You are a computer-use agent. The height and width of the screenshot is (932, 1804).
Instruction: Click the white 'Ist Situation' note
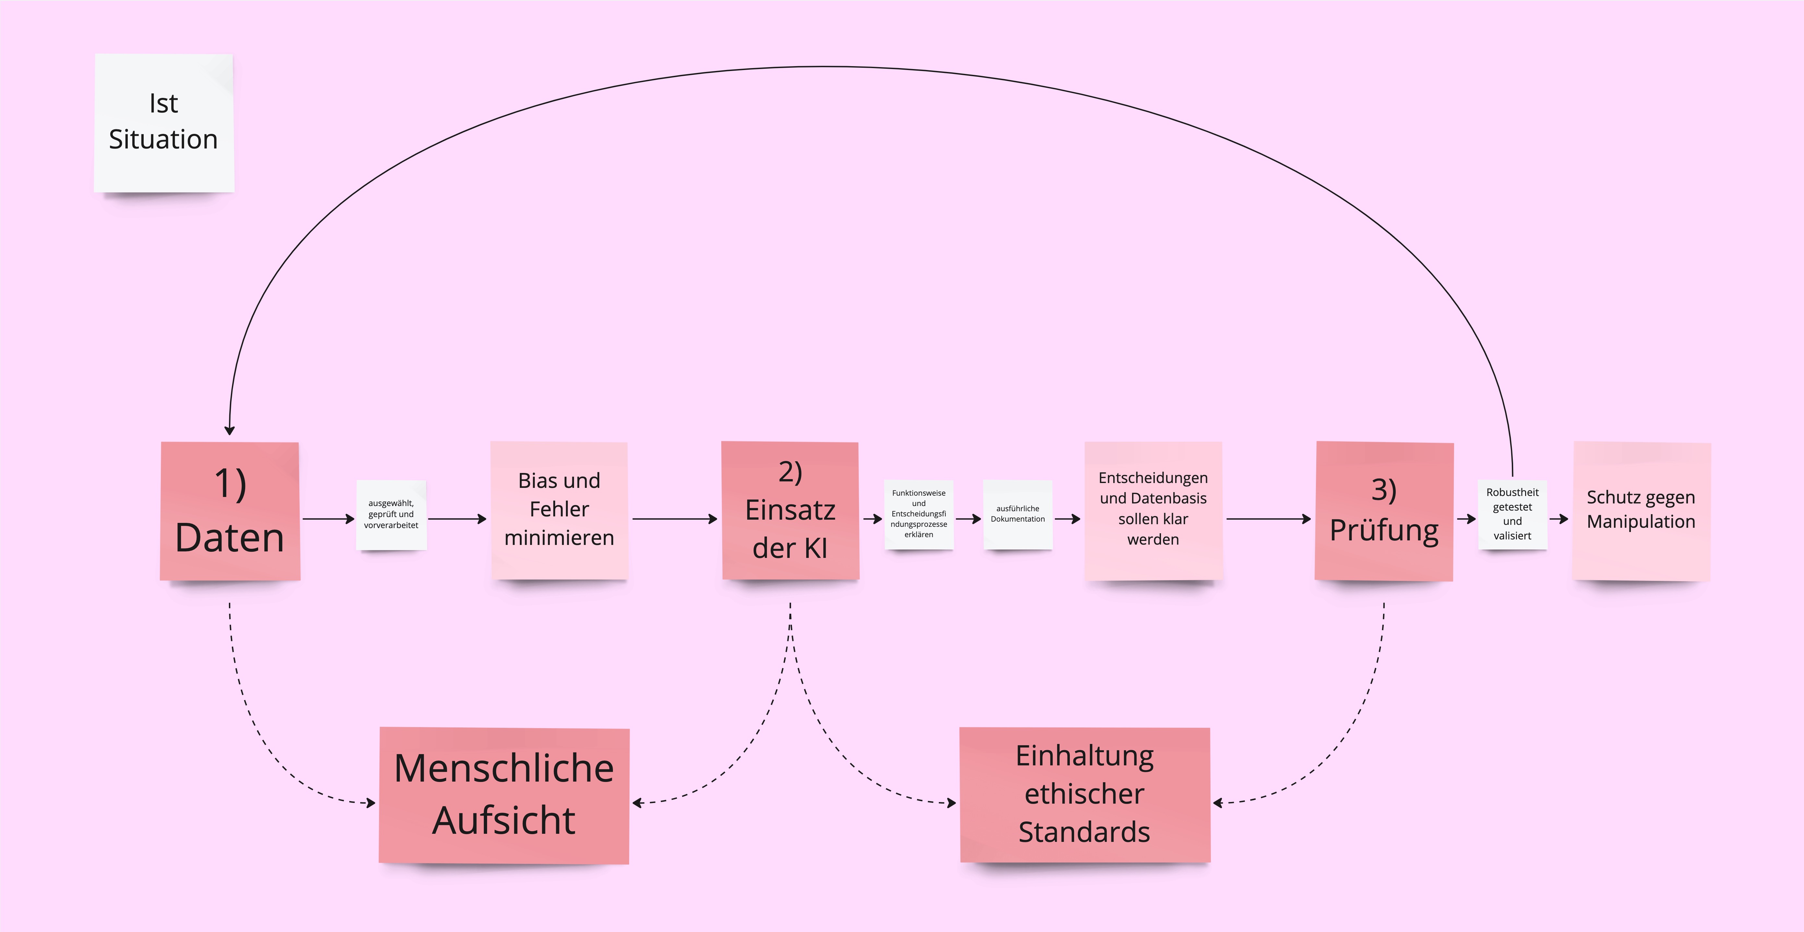tap(164, 123)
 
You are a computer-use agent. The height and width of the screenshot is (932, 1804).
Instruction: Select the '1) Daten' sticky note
tap(230, 511)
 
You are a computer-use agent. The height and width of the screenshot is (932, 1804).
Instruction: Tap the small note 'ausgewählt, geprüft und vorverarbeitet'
tap(391, 515)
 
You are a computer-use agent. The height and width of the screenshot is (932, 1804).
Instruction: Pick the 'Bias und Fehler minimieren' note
tap(559, 510)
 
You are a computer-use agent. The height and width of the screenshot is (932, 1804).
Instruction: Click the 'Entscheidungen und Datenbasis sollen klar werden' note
tap(1153, 510)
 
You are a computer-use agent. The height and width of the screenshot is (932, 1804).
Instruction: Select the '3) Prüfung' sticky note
tap(1384, 511)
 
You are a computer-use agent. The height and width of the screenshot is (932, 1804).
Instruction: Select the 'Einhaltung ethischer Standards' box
tap(1084, 795)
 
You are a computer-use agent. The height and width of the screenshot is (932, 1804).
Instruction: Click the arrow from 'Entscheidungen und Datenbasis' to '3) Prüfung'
tap(1268, 519)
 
